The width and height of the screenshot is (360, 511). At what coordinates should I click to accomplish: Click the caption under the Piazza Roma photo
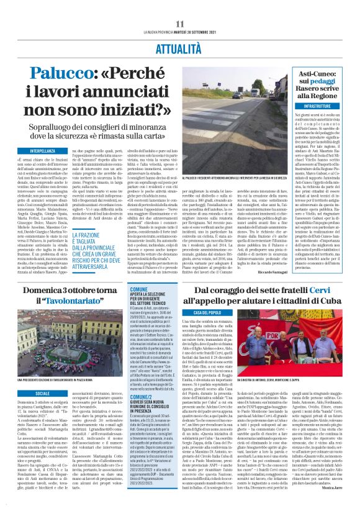(68, 379)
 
